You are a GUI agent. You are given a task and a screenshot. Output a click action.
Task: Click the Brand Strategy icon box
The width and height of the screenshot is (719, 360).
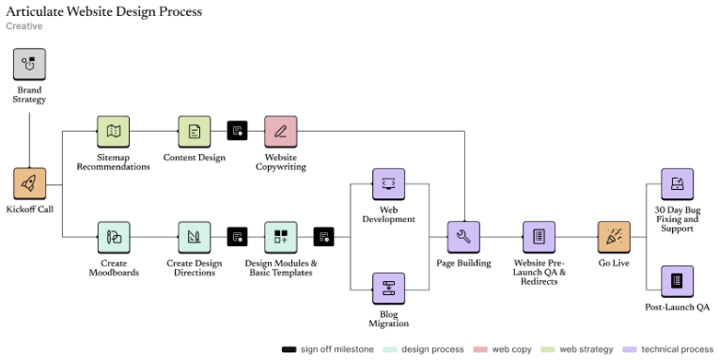pyautogui.click(x=29, y=65)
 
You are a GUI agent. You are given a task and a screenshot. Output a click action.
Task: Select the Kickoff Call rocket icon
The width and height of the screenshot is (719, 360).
pyautogui.click(x=29, y=184)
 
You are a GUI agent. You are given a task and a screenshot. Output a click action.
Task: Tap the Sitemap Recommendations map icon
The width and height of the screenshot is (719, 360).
pyautogui.click(x=113, y=132)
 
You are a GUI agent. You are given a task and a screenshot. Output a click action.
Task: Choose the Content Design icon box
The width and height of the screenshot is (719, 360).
pyautogui.click(x=195, y=132)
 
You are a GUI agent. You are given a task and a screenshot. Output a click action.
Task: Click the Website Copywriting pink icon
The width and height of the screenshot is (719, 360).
pyautogui.click(x=280, y=132)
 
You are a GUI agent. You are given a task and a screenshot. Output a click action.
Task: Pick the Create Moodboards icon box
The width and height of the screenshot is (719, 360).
pyautogui.click(x=113, y=237)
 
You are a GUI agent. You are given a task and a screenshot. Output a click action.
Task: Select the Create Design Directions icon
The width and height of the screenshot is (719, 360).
pyautogui.click(x=195, y=237)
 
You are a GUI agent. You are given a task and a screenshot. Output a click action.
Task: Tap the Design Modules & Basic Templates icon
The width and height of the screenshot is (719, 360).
pyautogui.click(x=280, y=237)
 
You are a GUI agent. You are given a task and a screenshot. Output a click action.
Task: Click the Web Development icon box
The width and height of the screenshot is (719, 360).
pyautogui.click(x=388, y=184)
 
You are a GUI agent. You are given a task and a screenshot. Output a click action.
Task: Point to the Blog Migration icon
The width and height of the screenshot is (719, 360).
pyautogui.click(x=388, y=290)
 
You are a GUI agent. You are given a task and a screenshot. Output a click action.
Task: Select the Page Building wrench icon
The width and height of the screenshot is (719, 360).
pyautogui.click(x=463, y=237)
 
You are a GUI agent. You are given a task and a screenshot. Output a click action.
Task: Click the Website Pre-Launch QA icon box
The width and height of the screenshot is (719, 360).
pyautogui.click(x=539, y=237)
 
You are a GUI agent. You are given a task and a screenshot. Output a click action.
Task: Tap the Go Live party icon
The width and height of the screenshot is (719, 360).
pyautogui.click(x=614, y=237)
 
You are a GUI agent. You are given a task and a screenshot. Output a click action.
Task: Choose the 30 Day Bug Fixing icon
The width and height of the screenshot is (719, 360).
pyautogui.click(x=677, y=184)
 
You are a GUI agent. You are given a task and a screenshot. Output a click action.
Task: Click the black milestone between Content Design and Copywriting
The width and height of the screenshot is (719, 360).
pyautogui.click(x=237, y=132)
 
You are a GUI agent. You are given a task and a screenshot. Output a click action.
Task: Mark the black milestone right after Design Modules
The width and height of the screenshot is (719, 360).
pyautogui.click(x=323, y=237)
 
